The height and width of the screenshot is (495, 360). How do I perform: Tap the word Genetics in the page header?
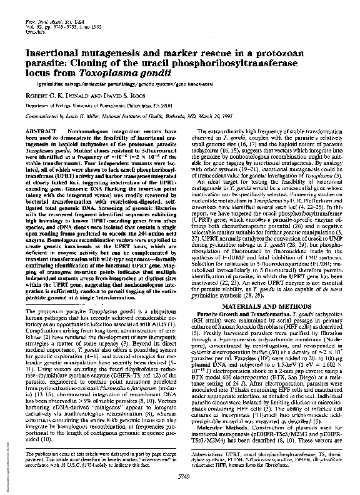[x=34, y=34]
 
